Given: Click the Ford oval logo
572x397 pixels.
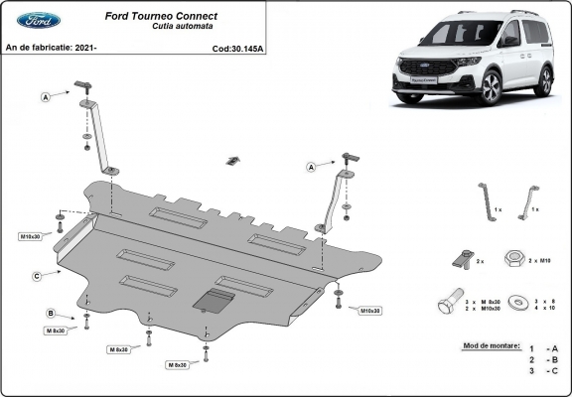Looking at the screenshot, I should click(38, 20).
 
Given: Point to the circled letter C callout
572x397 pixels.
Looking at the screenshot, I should click(37, 276).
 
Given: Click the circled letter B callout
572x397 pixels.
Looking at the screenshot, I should click(50, 314).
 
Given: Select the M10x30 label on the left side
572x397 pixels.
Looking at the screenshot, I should click(32, 237).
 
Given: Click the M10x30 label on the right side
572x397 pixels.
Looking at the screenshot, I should click(367, 311).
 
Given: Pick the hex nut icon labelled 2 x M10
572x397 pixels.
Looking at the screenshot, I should click(514, 258).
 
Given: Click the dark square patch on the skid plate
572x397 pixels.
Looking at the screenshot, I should click(212, 301).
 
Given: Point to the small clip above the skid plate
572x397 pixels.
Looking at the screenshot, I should click(233, 160).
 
